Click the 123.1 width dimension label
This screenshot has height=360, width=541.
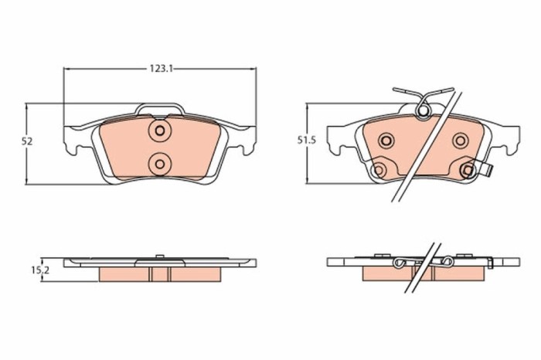160,69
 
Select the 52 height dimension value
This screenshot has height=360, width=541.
27,141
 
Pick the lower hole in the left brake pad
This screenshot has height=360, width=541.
159,162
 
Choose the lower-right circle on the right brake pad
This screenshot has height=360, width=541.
468,169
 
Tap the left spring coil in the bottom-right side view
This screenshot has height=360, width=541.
400,265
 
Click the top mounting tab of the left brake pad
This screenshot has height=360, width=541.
159,109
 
